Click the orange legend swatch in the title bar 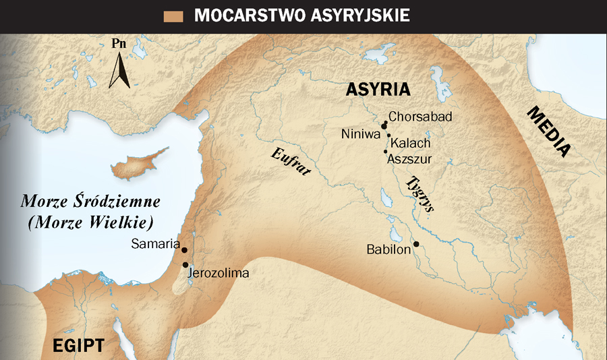click(x=173, y=16)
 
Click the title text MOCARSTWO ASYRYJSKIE click(x=302, y=16)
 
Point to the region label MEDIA click(x=548, y=132)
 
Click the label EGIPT click(x=79, y=347)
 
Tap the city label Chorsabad click(x=420, y=117)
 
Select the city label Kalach click(x=410, y=143)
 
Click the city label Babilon click(x=388, y=249)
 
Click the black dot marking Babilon click(x=417, y=244)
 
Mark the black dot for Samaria click(x=184, y=249)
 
